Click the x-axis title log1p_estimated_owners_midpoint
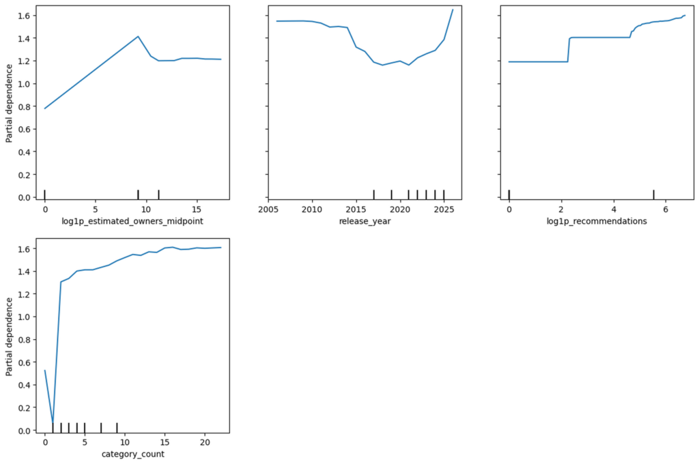click(x=132, y=221)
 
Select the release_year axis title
click(x=365, y=221)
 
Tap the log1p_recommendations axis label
click(x=597, y=221)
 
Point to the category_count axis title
click(x=133, y=454)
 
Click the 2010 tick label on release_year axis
click(x=312, y=209)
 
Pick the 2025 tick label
click(x=444, y=209)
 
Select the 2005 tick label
click(x=268, y=209)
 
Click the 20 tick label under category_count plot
click(x=205, y=442)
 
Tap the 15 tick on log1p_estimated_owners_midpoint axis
click(x=197, y=209)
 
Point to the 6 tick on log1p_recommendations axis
click(x=666, y=209)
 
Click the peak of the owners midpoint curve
click(x=138, y=37)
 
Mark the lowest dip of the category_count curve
click(x=53, y=422)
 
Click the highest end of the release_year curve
click(x=453, y=10)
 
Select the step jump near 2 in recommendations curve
click(x=569, y=50)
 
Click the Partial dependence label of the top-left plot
click(x=9, y=104)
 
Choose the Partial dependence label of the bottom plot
click(x=9, y=336)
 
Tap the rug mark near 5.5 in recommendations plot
click(x=653, y=194)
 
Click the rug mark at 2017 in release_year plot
click(x=373, y=194)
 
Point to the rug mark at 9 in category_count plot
click(x=117, y=427)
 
